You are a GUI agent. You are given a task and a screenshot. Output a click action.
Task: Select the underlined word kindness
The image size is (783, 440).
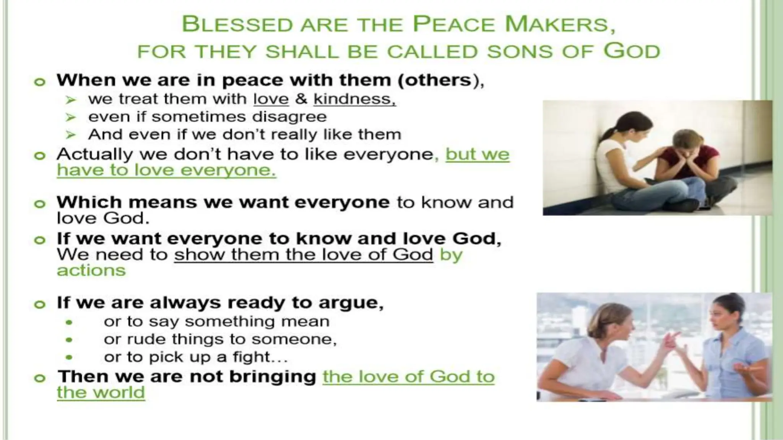[x=354, y=99]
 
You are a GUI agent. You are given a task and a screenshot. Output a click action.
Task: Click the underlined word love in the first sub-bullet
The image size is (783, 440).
[x=271, y=99]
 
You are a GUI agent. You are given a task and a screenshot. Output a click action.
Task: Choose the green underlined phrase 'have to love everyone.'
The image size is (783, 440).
[x=166, y=170]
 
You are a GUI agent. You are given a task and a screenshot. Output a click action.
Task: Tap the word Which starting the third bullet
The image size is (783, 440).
[x=88, y=202]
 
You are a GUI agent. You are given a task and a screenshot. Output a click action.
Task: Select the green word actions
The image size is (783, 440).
[x=91, y=270]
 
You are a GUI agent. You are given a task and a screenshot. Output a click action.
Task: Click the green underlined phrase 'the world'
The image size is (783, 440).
[x=101, y=393]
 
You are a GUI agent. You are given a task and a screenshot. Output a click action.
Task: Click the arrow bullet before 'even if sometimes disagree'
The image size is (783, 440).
[x=70, y=117]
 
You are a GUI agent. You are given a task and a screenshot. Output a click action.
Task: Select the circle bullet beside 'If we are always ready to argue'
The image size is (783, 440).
[x=39, y=304]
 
